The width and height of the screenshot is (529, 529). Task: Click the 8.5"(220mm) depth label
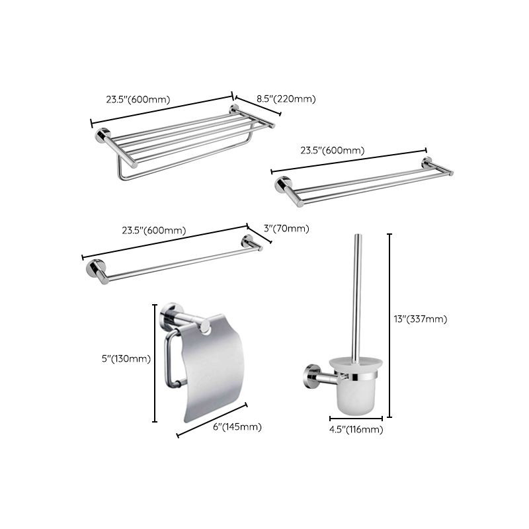pos(276,99)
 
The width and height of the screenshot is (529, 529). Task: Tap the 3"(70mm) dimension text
pos(286,229)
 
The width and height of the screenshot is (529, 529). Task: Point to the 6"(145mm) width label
pos(237,427)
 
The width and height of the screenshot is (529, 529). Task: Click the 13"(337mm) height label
pos(421,319)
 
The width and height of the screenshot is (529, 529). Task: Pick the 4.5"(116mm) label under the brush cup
pos(356,430)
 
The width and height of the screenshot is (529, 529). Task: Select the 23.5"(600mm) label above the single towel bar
pos(153,230)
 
